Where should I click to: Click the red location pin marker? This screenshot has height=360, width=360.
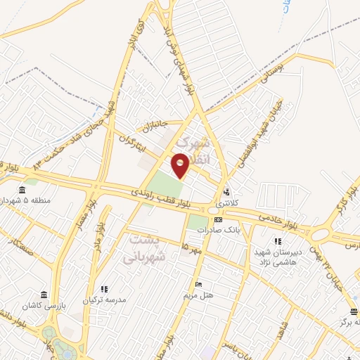point(181,165)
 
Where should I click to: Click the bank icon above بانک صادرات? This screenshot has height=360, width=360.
point(218,219)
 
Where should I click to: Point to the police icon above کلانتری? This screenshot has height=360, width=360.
point(226,192)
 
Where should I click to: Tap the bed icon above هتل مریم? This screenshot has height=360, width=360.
point(199,284)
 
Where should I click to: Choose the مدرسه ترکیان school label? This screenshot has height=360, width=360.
point(104,300)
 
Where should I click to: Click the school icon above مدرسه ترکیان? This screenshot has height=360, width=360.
point(104,289)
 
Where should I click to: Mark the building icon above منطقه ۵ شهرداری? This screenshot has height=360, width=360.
point(22,190)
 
